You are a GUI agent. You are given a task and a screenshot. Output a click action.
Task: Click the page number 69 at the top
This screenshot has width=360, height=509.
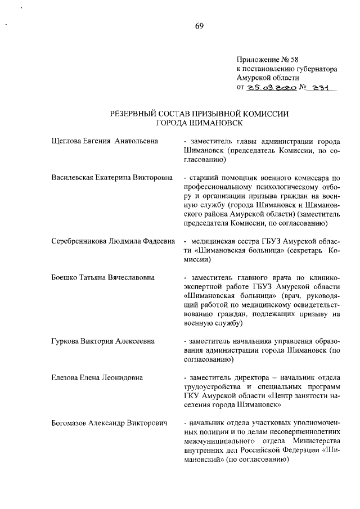pos(200,25)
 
